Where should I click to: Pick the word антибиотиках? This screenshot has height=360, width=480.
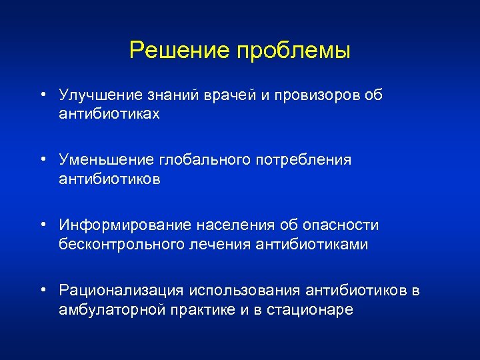click(110, 114)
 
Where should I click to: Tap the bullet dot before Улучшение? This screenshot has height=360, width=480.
click(42, 95)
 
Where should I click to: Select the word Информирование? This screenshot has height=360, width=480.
click(124, 226)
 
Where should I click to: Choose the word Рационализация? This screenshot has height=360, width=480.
click(121, 291)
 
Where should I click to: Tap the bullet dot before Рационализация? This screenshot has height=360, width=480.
click(42, 290)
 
